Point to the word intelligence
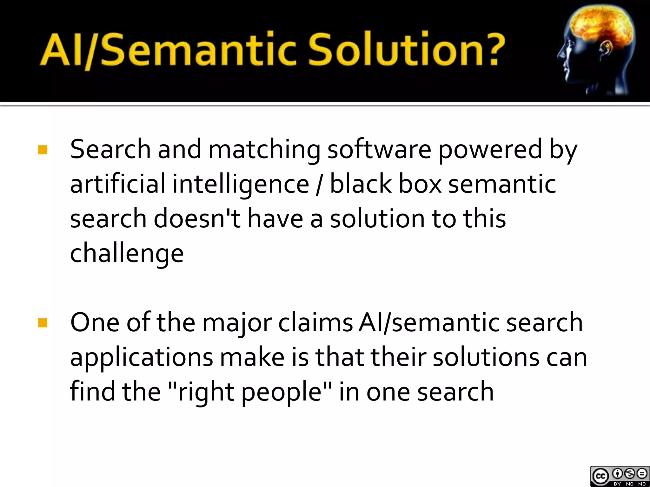(x=241, y=185)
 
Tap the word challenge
(x=127, y=254)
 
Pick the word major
(x=237, y=323)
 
